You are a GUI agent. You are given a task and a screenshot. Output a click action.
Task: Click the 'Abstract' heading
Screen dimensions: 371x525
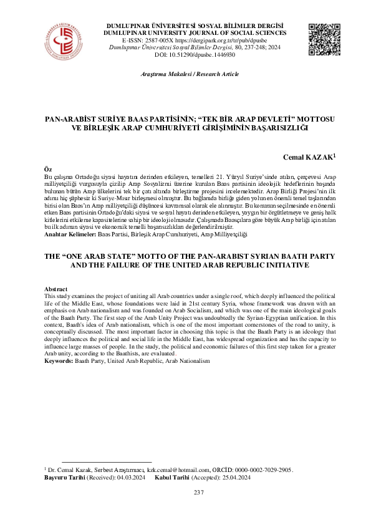point(55,289)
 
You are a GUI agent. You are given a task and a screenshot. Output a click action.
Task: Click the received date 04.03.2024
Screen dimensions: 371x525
point(132,477)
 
